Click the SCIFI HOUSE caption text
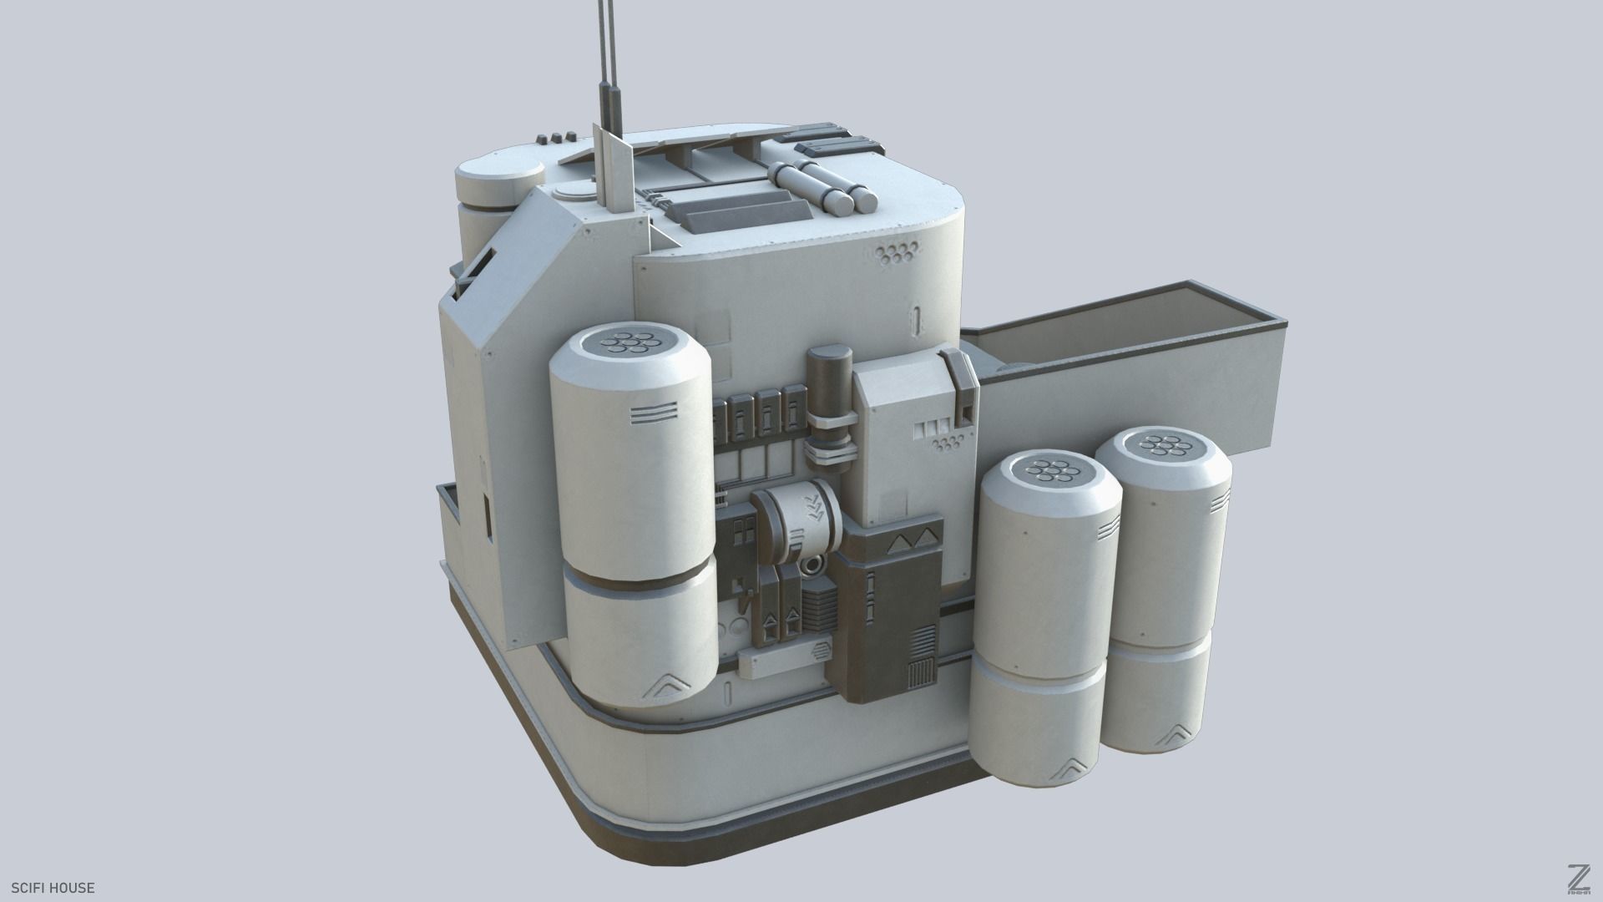point(53,888)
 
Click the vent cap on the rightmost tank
point(1163,446)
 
